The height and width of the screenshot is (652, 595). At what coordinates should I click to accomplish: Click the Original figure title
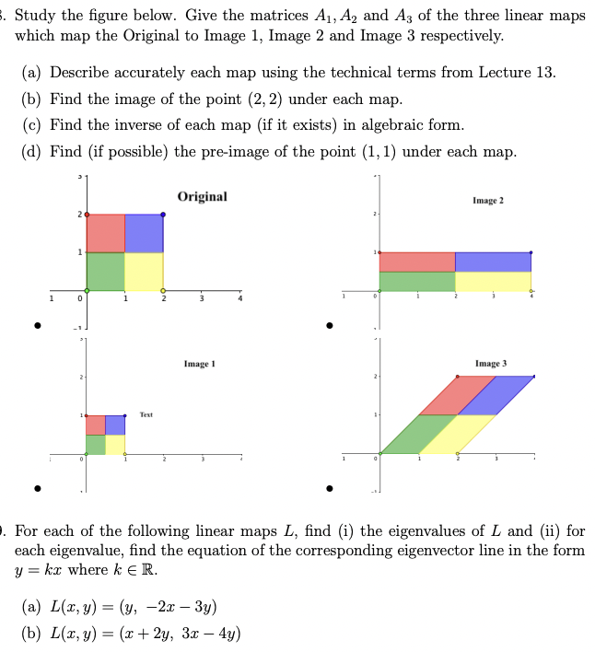click(202, 196)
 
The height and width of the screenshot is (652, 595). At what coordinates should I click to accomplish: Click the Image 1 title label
click(199, 365)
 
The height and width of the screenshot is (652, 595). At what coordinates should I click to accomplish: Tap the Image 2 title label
click(489, 200)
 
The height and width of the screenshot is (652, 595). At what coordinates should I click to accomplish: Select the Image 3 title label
click(490, 365)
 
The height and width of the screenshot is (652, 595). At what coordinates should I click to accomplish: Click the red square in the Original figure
click(105, 233)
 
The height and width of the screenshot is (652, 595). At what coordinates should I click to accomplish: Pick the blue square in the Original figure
click(144, 233)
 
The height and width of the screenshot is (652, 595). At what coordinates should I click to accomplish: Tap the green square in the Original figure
click(105, 271)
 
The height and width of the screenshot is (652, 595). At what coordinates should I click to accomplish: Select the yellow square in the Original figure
click(144, 271)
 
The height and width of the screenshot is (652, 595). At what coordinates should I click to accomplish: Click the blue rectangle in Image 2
click(493, 262)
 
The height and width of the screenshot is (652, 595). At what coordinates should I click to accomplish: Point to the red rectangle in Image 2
click(416, 262)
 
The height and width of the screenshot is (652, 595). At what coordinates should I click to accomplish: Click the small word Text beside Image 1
click(146, 415)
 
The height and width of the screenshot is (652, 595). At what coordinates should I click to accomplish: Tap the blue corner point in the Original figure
click(163, 215)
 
